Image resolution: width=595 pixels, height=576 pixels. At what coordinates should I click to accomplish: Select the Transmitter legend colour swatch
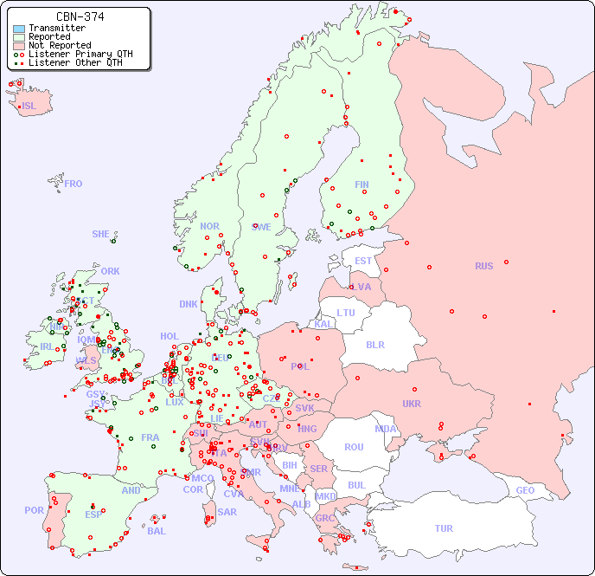click(19, 29)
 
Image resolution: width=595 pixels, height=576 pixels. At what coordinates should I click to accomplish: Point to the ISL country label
click(29, 107)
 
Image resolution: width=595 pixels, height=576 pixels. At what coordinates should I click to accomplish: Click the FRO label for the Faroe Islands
click(74, 184)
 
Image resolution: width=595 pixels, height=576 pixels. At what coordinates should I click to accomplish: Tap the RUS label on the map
click(483, 266)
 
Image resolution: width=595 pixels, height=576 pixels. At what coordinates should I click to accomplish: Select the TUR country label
click(444, 528)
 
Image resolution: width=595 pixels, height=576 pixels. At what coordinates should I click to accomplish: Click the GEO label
click(525, 490)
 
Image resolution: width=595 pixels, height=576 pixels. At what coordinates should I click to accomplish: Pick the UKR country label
click(412, 404)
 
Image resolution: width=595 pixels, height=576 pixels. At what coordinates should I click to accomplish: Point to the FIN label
click(361, 184)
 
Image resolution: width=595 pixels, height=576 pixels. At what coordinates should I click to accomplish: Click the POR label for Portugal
click(34, 510)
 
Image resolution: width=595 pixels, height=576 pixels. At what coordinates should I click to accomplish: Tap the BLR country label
click(375, 344)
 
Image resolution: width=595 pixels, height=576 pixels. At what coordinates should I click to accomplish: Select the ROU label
click(354, 447)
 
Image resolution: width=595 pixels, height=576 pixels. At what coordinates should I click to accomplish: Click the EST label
click(363, 261)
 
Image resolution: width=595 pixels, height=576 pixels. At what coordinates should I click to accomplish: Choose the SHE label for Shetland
click(101, 234)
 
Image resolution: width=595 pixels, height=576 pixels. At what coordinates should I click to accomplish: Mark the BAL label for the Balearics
click(157, 531)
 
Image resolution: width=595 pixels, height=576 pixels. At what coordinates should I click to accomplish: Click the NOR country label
click(209, 226)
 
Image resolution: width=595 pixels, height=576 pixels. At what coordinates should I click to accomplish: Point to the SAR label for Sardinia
click(227, 512)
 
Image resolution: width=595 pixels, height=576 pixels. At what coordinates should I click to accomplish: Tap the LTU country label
click(346, 313)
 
